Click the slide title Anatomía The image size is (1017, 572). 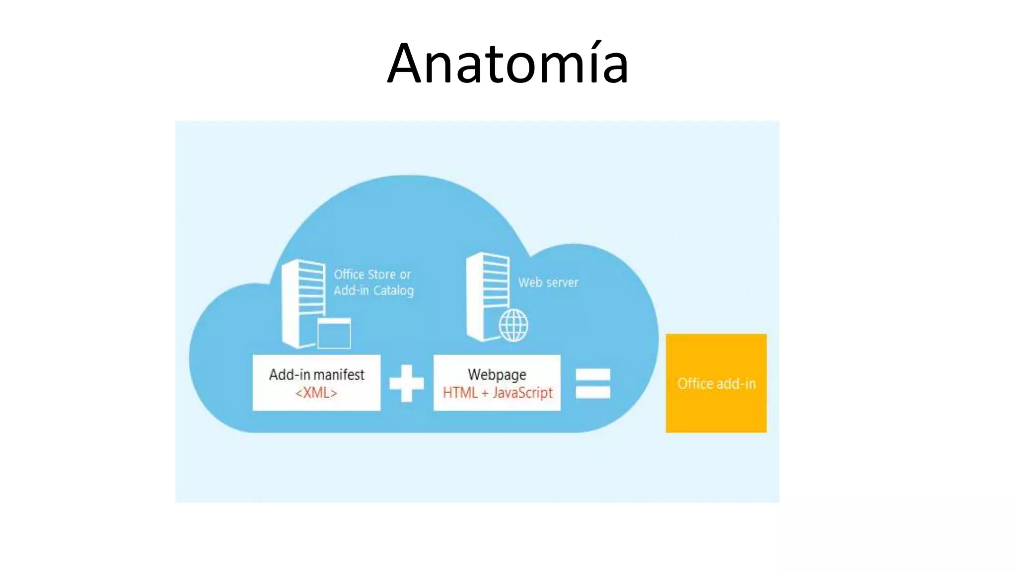pyautogui.click(x=508, y=64)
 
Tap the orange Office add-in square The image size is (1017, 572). pyautogui.click(x=716, y=383)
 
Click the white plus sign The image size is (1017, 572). pyautogui.click(x=406, y=383)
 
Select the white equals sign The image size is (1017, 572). pyautogui.click(x=592, y=383)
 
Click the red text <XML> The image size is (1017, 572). pyautogui.click(x=316, y=393)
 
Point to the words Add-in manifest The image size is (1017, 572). pyautogui.click(x=316, y=374)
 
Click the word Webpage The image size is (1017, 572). pyautogui.click(x=497, y=374)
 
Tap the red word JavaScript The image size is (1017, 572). pyautogui.click(x=522, y=393)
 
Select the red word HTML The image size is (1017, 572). pyautogui.click(x=460, y=393)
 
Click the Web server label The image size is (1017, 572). pyautogui.click(x=548, y=283)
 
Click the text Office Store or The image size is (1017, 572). pyautogui.click(x=372, y=275)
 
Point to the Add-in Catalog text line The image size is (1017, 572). pyautogui.click(x=373, y=290)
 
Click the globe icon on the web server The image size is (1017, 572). pyautogui.click(x=513, y=326)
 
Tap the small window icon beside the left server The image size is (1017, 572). pyautogui.click(x=334, y=333)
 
